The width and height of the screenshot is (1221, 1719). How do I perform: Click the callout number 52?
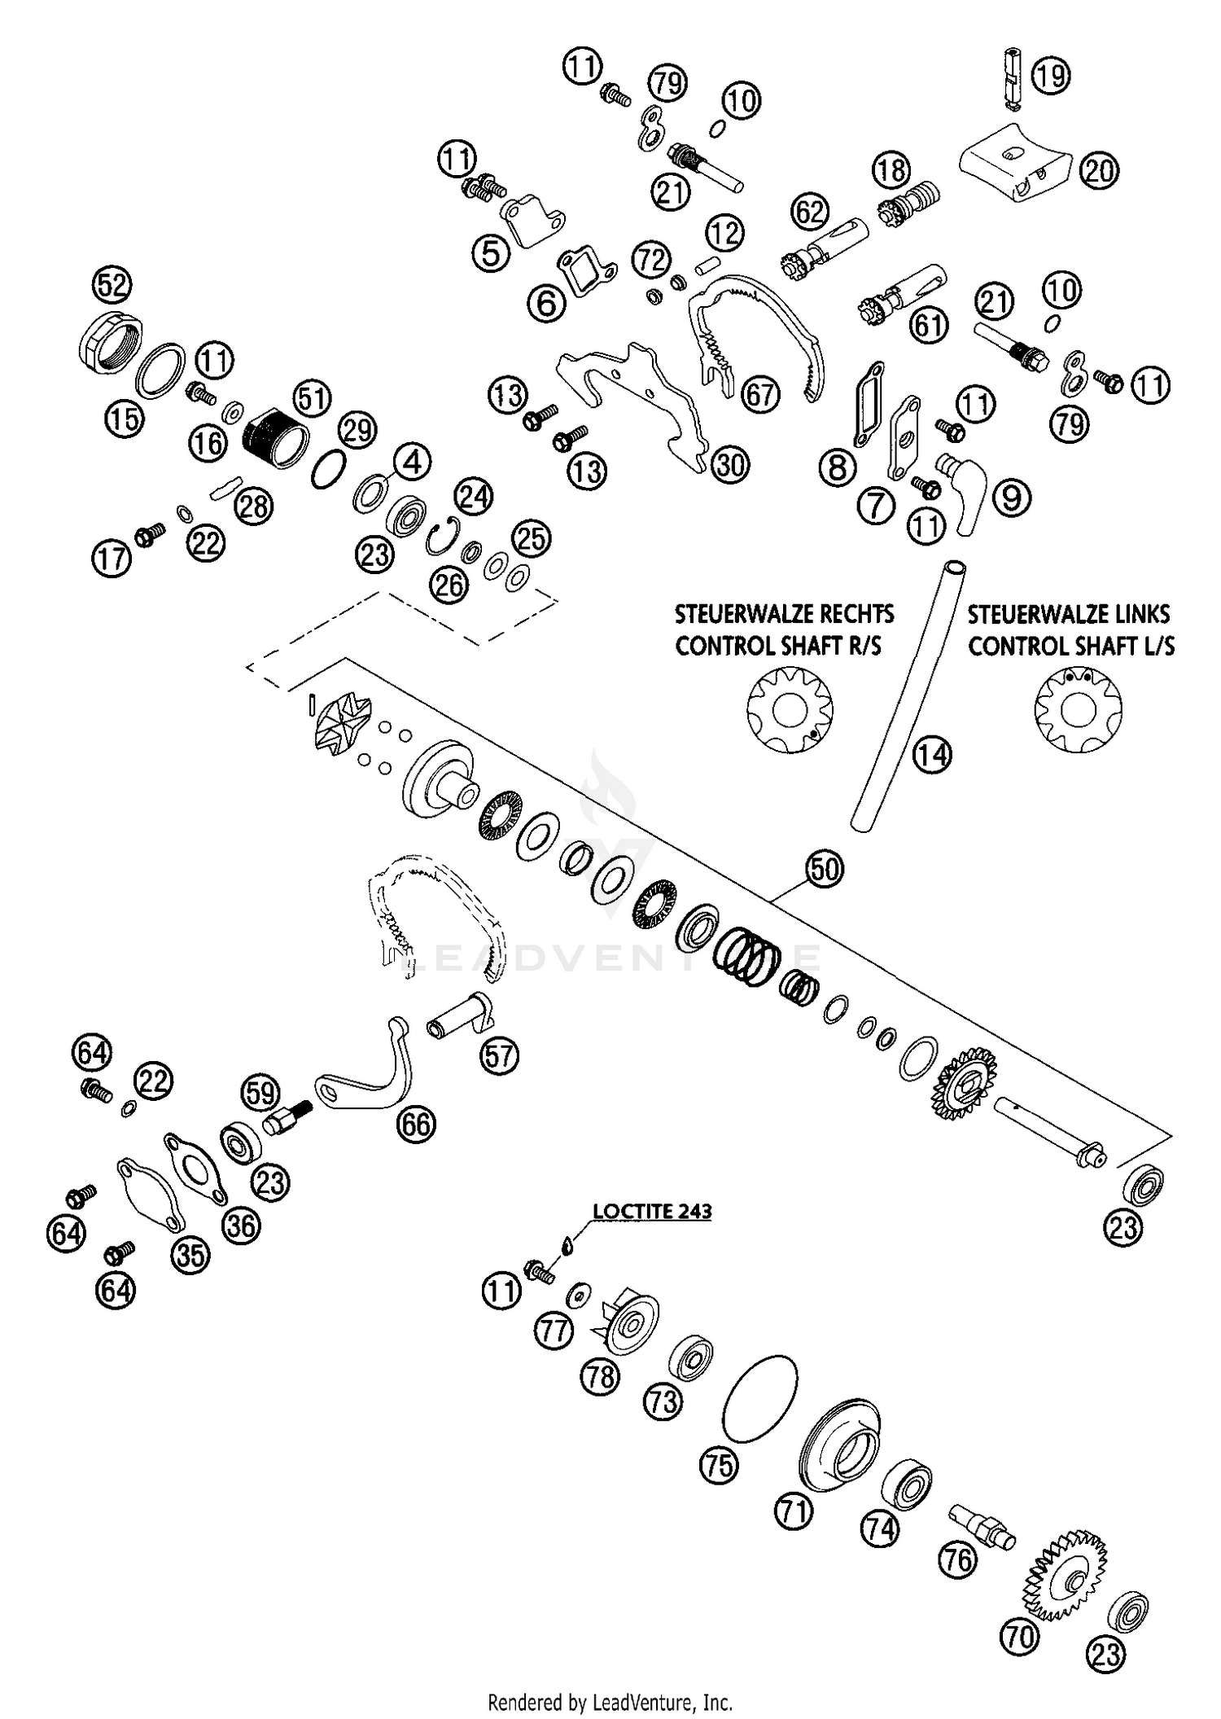pyautogui.click(x=112, y=285)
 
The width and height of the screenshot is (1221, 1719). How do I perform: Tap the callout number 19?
pyautogui.click(x=1050, y=77)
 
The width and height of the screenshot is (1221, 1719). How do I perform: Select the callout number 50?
pyautogui.click(x=824, y=870)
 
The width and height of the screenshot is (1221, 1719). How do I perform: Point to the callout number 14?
pyautogui.click(x=931, y=756)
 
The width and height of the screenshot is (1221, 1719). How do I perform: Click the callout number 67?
pyautogui.click(x=762, y=396)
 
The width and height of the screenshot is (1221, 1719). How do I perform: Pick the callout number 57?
pyautogui.click(x=499, y=1056)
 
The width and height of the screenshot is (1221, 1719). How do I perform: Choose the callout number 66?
pyautogui.click(x=416, y=1125)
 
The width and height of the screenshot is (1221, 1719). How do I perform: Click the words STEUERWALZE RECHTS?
pyautogui.click(x=785, y=613)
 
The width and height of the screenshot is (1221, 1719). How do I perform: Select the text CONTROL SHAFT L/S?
pyautogui.click(x=1071, y=647)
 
